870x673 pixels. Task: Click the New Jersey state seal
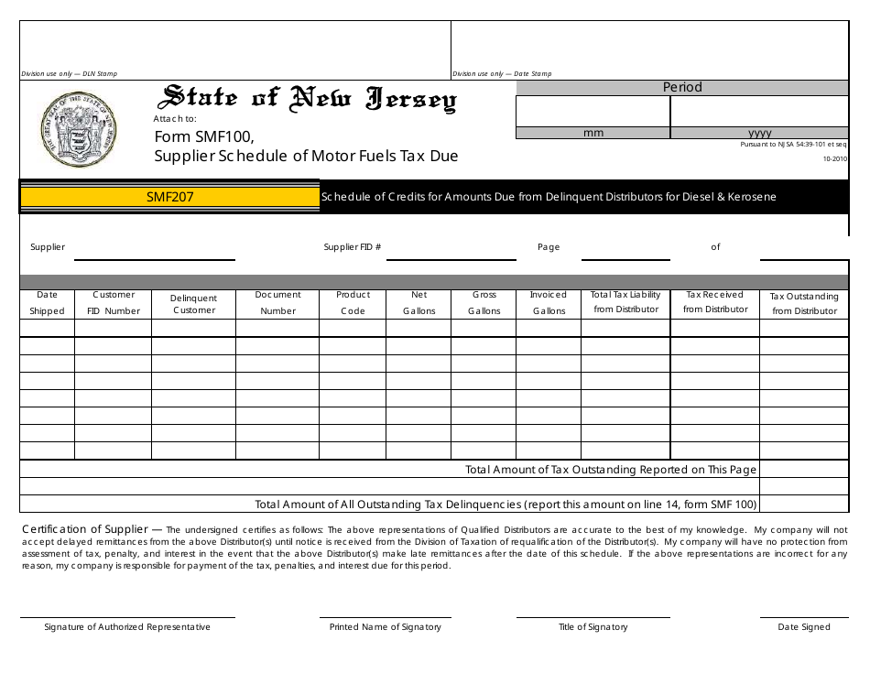point(80,129)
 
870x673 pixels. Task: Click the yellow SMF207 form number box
point(170,196)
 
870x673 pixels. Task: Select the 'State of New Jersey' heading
point(309,99)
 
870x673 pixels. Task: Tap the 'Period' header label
point(682,87)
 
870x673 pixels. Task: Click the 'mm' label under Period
point(593,133)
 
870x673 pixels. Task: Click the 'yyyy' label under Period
point(759,133)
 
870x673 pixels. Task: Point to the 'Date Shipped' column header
point(47,303)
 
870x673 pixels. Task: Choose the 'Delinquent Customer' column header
point(193,304)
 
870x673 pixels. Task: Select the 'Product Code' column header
point(353,303)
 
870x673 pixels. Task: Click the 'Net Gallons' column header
point(419,303)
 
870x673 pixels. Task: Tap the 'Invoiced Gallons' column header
point(549,303)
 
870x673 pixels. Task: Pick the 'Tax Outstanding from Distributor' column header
point(804,303)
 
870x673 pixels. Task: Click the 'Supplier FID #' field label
point(353,247)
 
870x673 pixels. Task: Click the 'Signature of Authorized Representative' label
point(127,627)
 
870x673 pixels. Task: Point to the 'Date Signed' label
point(804,627)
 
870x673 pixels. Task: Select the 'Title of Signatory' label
point(593,627)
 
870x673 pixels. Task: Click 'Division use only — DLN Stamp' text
point(69,74)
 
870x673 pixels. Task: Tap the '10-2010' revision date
point(835,158)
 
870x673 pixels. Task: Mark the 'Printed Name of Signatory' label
point(386,627)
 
